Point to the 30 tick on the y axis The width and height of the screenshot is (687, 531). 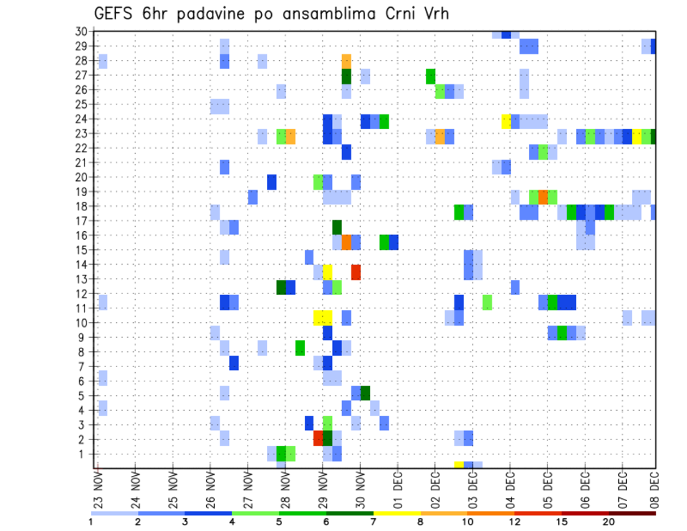pos(81,31)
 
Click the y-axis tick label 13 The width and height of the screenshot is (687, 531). pos(81,279)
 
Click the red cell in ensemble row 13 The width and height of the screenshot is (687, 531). pos(356,272)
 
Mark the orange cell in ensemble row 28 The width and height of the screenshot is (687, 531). pos(346,61)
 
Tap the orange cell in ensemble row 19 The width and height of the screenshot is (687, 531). pos(543,197)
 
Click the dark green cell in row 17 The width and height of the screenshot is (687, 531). pos(337,227)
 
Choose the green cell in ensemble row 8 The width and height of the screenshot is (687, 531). pos(300,348)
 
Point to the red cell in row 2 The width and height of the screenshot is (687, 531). pos(318,438)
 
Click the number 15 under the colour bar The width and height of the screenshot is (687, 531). pos(562,522)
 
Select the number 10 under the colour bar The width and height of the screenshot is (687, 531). pos(468,522)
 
